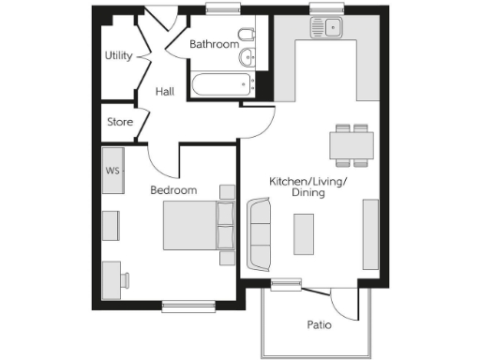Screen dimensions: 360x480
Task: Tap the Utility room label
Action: (x=118, y=55)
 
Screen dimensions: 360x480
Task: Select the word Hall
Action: (x=165, y=91)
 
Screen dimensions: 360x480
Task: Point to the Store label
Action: (x=119, y=122)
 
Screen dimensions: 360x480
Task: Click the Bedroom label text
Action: (x=173, y=190)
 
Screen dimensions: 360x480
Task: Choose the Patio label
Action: (x=320, y=325)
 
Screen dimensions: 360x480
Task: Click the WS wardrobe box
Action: (x=112, y=171)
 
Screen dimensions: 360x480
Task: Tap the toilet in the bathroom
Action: (x=247, y=37)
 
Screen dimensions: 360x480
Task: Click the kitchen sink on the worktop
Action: (x=329, y=27)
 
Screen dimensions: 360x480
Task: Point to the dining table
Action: (x=352, y=145)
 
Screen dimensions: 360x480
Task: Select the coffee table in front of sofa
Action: (x=304, y=233)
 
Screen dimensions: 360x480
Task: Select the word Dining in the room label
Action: (x=307, y=192)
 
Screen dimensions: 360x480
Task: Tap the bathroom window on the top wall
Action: (x=220, y=9)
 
